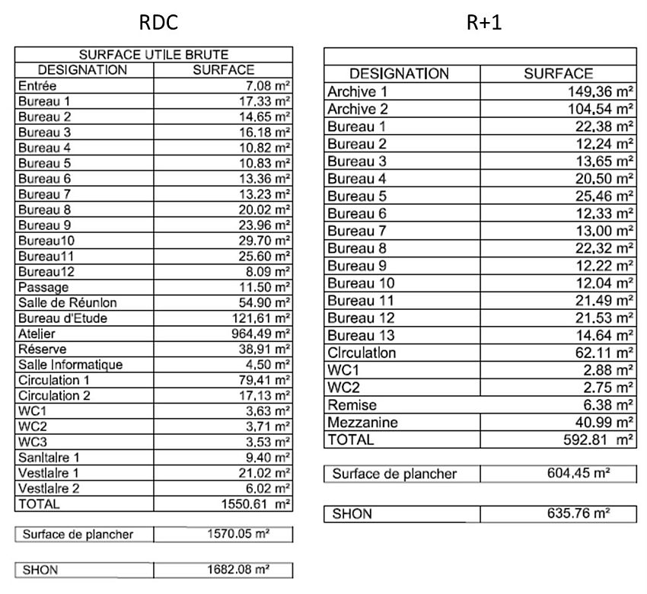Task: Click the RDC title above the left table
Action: [x=158, y=23]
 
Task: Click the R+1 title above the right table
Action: [x=484, y=23]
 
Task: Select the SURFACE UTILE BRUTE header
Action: [x=154, y=55]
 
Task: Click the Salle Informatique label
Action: [x=70, y=365]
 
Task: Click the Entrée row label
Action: [x=37, y=86]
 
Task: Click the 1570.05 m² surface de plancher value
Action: [x=239, y=534]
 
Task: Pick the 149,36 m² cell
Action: [x=597, y=91]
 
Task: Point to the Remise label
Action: [x=352, y=405]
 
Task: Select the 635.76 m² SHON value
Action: [x=578, y=514]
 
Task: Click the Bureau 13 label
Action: [x=362, y=335]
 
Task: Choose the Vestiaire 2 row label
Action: [x=49, y=488]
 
